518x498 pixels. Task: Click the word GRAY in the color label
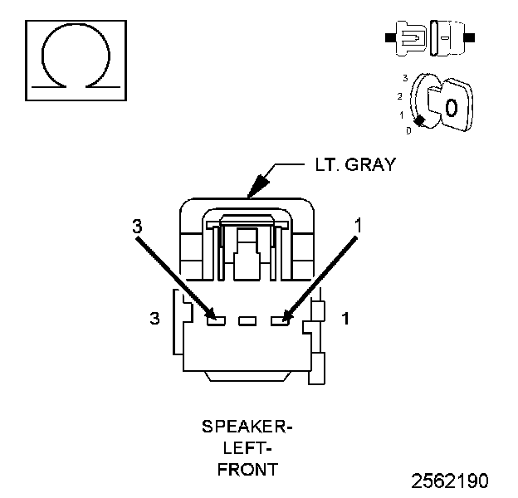pos(372,164)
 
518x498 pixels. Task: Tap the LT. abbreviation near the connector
pos(327,164)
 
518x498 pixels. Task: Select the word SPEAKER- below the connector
pos(247,427)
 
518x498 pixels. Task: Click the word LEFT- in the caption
pos(247,448)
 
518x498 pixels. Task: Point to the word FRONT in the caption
pos(247,470)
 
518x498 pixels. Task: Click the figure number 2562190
pos(450,481)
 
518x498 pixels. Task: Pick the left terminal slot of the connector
pos(216,320)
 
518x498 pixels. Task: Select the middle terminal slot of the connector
pos(247,320)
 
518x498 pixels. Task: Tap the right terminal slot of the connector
pos(280,320)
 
